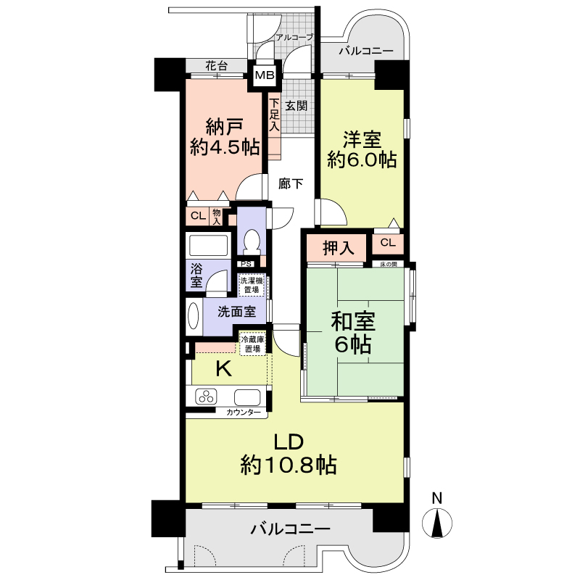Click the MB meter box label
click(x=265, y=75)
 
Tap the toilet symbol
click(x=252, y=241)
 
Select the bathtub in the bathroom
click(x=208, y=245)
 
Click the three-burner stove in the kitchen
click(x=206, y=397)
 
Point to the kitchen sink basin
click(x=247, y=397)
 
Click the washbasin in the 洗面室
click(x=194, y=316)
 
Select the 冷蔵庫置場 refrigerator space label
click(x=253, y=344)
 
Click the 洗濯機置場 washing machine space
click(x=252, y=285)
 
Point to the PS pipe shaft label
click(x=246, y=264)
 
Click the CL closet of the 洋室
click(x=388, y=243)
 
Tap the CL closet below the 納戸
click(x=198, y=216)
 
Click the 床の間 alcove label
click(x=389, y=264)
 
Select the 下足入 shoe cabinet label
click(x=274, y=115)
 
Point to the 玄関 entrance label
click(x=296, y=106)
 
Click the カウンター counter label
click(x=244, y=413)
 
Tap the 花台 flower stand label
click(x=216, y=66)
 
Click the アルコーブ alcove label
click(x=295, y=37)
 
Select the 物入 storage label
click(x=217, y=217)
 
